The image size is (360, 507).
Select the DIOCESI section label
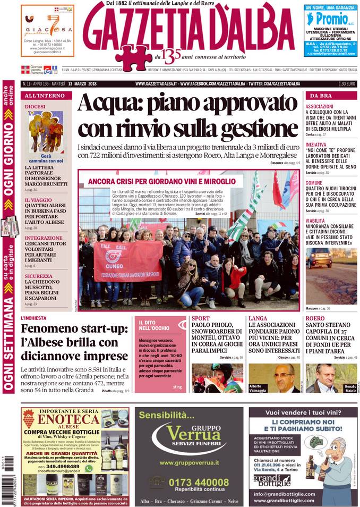[35, 107]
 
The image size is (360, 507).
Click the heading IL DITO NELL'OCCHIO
[155, 325]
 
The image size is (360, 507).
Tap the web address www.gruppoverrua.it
[190, 463]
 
